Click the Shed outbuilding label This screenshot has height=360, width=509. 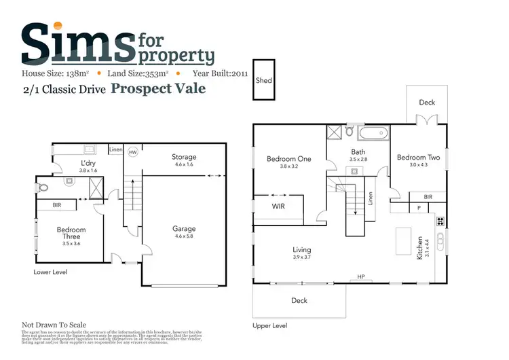[263, 80]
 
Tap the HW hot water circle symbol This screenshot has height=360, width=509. [133, 152]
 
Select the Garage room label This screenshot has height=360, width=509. [183, 230]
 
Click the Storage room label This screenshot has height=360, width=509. [183, 157]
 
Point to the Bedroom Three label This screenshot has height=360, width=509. [71, 233]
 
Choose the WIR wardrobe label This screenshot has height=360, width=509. [279, 205]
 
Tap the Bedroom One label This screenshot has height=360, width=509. [288, 159]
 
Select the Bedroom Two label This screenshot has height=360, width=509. [419, 158]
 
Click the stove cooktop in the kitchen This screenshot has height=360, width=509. [440, 221]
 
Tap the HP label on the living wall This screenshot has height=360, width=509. [360, 276]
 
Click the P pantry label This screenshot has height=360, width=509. [419, 207]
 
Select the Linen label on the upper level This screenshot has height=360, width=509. [371, 198]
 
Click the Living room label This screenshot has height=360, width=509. [302, 250]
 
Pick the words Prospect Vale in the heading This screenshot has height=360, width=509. [158, 88]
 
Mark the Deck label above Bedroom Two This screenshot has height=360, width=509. [426, 103]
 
